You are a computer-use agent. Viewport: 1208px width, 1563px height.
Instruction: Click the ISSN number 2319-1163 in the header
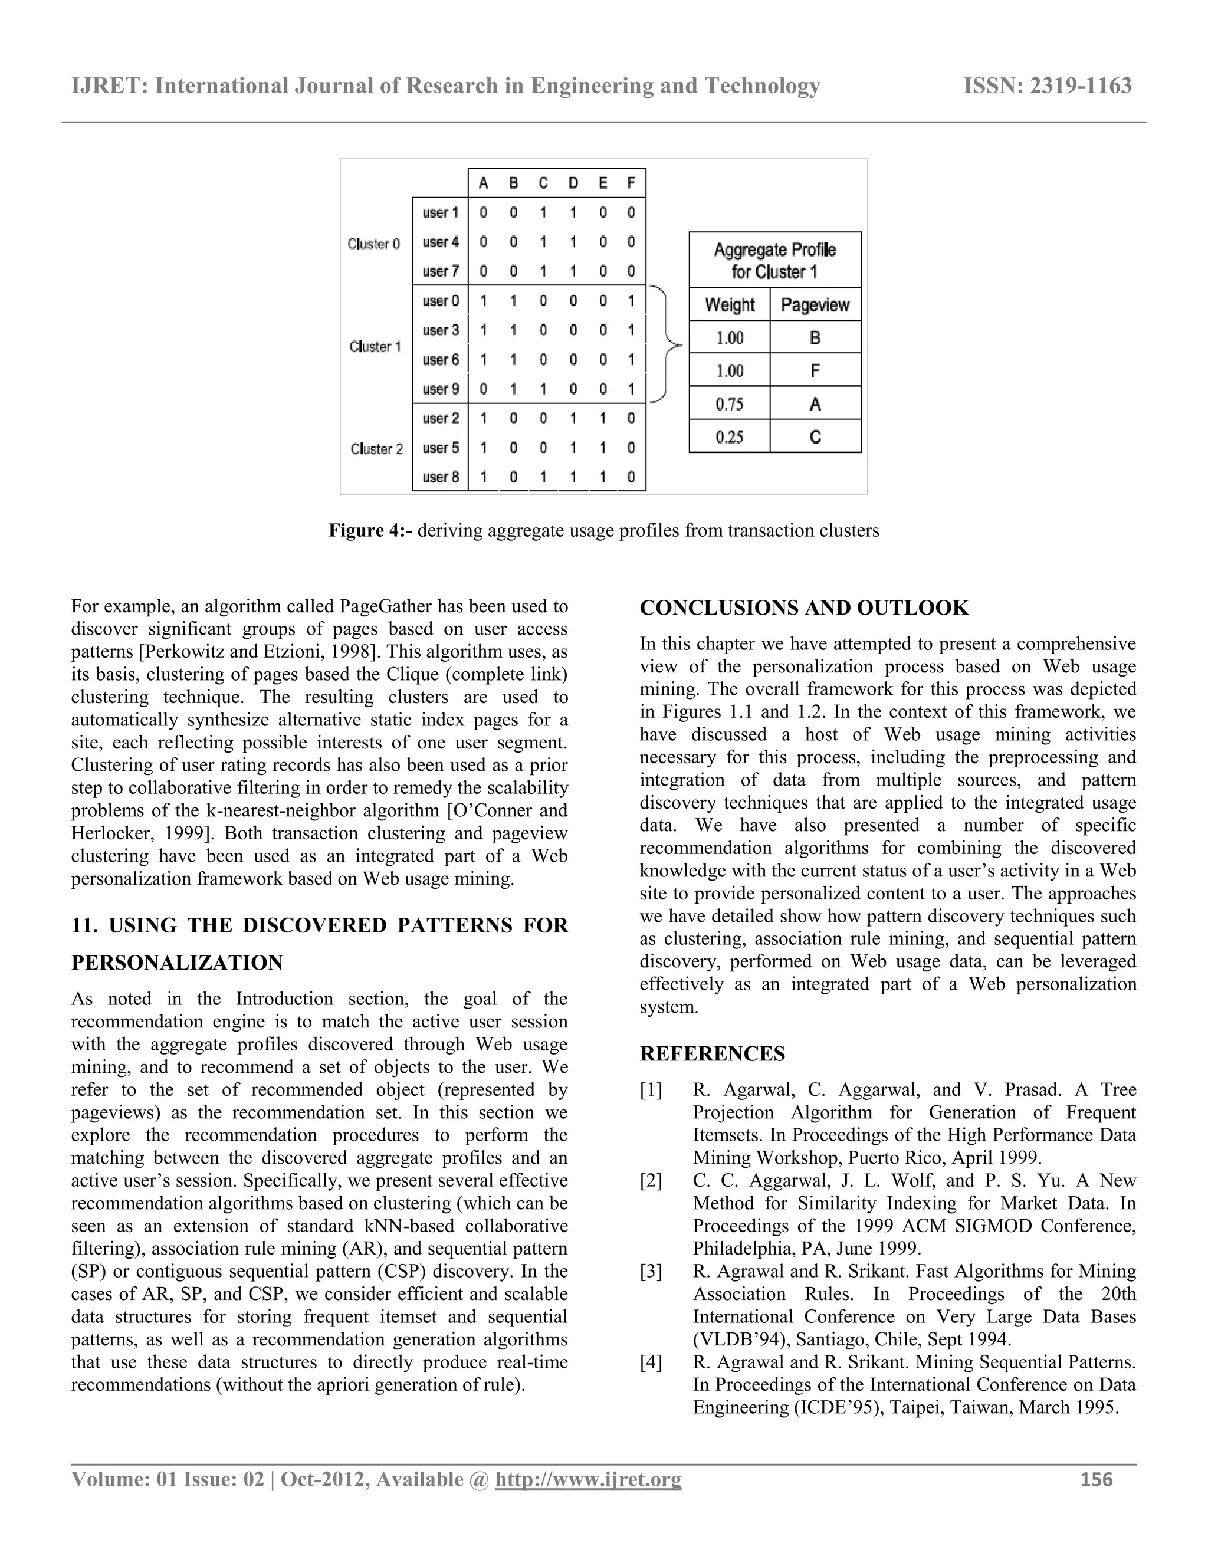coord(1047,86)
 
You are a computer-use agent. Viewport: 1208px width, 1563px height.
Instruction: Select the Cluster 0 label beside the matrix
coord(373,244)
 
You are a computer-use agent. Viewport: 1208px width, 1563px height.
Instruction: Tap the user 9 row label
coord(440,389)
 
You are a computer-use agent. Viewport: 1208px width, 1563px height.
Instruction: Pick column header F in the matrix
coord(631,183)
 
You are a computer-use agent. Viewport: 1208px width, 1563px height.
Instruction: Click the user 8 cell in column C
coord(543,477)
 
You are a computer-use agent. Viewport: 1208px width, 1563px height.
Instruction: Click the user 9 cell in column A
coord(484,389)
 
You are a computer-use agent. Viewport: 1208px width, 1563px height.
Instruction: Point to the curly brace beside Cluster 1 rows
coord(668,346)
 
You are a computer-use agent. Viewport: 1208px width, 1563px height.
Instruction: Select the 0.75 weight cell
coord(729,405)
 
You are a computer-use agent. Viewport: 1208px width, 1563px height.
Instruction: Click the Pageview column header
coord(815,306)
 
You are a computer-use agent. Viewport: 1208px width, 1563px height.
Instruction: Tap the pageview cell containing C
coord(815,437)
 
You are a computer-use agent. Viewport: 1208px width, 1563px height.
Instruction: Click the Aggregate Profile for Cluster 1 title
coord(774,261)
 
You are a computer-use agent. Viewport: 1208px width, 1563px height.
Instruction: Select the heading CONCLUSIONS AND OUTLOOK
coord(804,608)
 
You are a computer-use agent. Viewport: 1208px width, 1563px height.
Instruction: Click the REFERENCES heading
coord(712,1054)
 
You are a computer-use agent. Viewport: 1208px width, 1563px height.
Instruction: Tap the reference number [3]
coord(651,1272)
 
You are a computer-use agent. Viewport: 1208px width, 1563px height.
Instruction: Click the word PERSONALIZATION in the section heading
coord(178,963)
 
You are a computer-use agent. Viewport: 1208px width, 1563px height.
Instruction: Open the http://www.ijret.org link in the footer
coord(587,1479)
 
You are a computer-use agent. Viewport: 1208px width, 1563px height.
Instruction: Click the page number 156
coord(1097,1479)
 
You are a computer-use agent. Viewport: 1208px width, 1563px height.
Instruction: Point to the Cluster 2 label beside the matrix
coord(376,449)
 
